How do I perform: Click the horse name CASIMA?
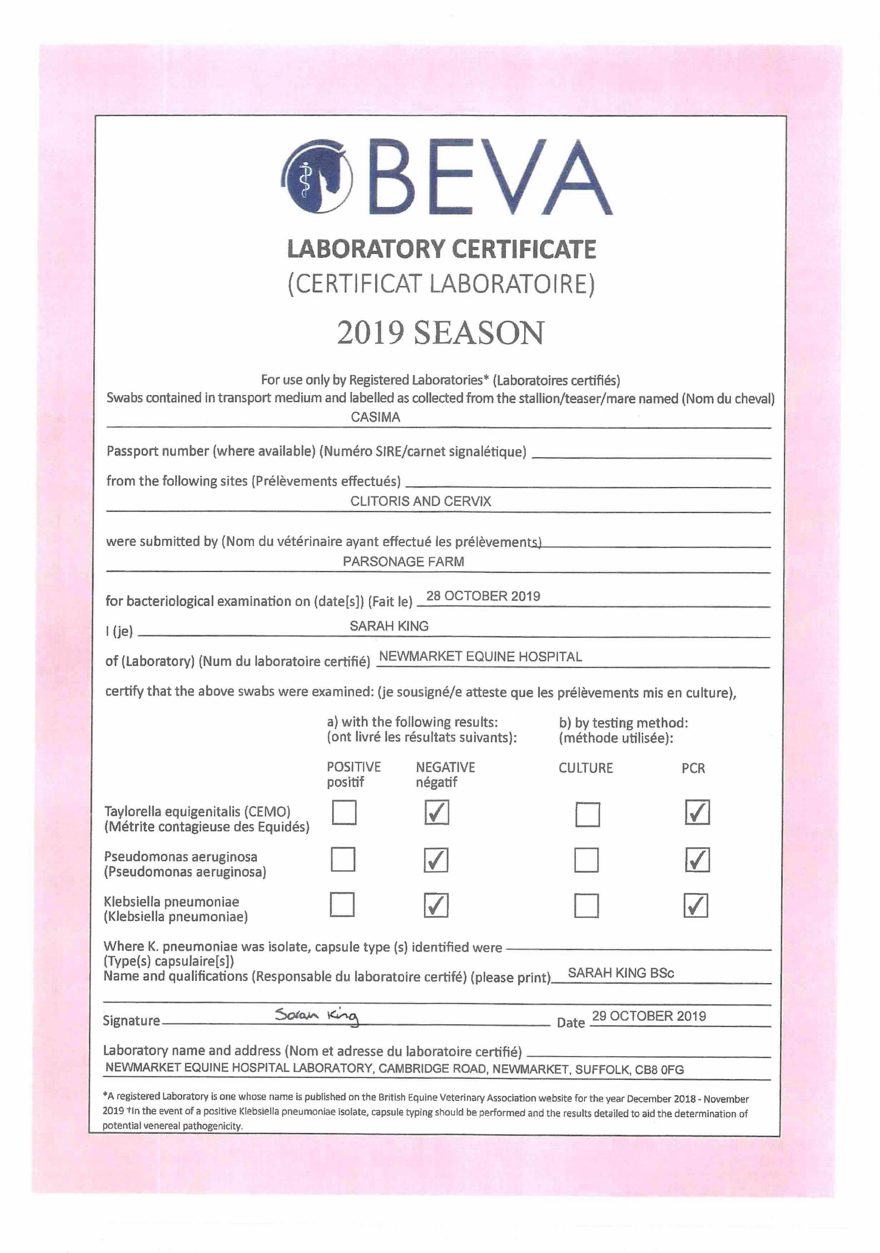pyautogui.click(x=375, y=417)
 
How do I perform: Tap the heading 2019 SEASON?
pyautogui.click(x=440, y=333)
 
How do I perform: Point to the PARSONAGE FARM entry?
pyautogui.click(x=403, y=561)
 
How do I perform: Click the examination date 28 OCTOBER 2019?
pyautogui.click(x=483, y=596)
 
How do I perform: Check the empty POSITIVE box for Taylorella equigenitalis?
pyautogui.click(x=344, y=812)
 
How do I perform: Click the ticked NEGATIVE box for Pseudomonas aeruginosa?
pyautogui.click(x=436, y=860)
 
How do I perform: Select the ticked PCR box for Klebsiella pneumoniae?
pyautogui.click(x=696, y=905)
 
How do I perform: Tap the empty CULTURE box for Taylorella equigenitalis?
pyautogui.click(x=588, y=814)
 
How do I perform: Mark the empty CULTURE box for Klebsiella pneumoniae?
pyautogui.click(x=587, y=905)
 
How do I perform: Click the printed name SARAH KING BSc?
pyautogui.click(x=621, y=973)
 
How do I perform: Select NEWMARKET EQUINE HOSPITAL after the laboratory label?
pyautogui.click(x=480, y=657)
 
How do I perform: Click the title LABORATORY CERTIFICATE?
pyautogui.click(x=441, y=249)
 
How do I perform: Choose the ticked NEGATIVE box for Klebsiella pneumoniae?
pyautogui.click(x=436, y=905)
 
